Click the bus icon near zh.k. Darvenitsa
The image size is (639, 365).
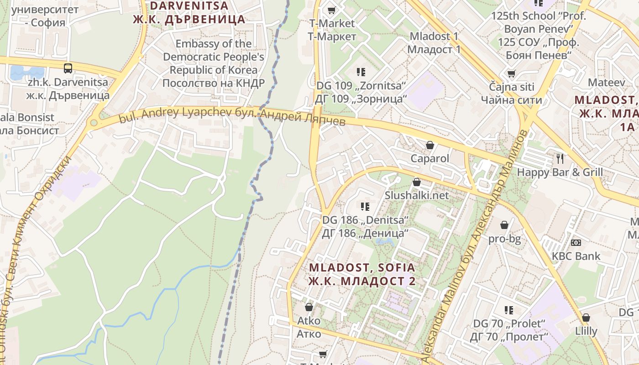point(68,68)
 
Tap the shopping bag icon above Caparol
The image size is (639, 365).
point(429,146)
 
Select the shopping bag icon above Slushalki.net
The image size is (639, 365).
point(416,182)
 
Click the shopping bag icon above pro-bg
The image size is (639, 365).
point(504,225)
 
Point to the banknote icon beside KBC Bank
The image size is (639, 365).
point(576,242)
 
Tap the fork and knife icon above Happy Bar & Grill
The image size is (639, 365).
point(560,159)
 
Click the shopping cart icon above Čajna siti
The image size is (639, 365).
point(511,73)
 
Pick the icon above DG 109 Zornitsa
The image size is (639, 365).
point(361,72)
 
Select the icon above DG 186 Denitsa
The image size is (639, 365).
point(365,207)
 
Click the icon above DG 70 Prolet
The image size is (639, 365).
point(509,310)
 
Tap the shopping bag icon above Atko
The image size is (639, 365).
point(309,307)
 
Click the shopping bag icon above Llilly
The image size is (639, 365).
point(586,318)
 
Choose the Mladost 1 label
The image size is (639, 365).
point(434,42)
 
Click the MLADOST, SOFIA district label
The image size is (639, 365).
point(362,274)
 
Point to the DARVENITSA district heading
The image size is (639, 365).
point(189,12)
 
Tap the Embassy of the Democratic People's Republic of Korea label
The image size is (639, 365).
point(214,63)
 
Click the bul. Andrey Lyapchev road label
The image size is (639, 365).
point(232,116)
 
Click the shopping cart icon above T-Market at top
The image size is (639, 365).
point(332,10)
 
